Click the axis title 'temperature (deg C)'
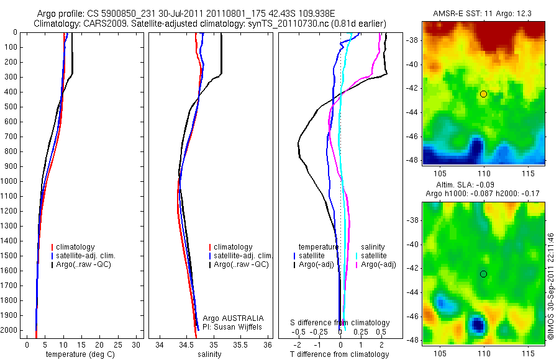(81, 354)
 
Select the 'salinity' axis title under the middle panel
(209, 354)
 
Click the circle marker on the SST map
(483, 94)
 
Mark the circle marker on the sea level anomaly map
(483, 274)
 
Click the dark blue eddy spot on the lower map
(477, 324)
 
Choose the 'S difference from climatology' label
(340, 323)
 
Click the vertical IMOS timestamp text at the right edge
(550, 287)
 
